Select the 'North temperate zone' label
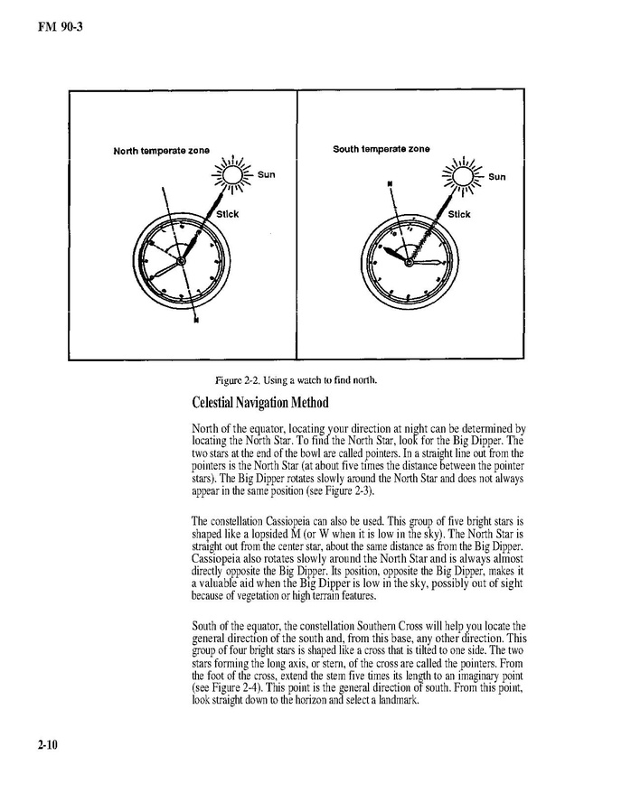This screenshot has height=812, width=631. tap(161, 150)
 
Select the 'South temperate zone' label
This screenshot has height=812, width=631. tap(381, 149)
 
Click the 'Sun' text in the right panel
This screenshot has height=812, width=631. tap(496, 177)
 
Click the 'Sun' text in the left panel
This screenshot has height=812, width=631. tap(266, 174)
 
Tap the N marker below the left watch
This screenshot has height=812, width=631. tap(195, 326)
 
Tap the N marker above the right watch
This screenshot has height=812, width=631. tap(390, 182)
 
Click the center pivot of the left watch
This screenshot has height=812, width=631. tap(181, 261)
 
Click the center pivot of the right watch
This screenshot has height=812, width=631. tap(410, 262)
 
